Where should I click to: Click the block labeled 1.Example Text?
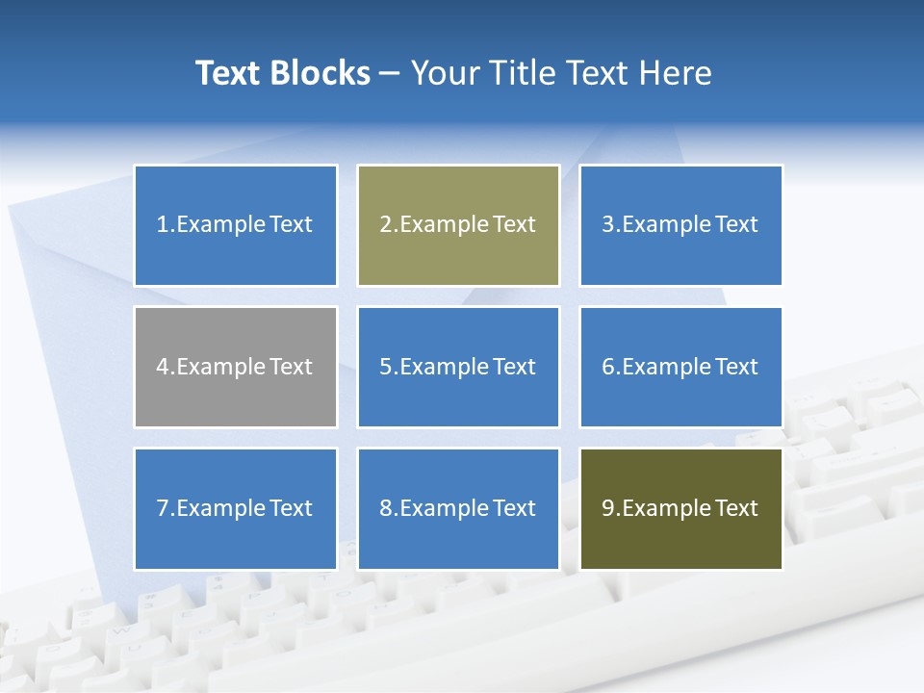[x=235, y=225]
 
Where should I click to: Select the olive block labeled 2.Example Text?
[x=458, y=225]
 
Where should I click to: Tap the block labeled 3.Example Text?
[x=680, y=225]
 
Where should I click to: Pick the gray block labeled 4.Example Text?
[x=235, y=367]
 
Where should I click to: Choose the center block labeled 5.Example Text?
[x=458, y=367]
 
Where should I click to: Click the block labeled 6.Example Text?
[x=680, y=367]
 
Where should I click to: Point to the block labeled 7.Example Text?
[x=235, y=508]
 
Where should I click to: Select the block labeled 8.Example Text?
[x=458, y=508]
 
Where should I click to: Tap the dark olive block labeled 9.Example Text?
[x=680, y=508]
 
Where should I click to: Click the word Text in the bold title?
[x=228, y=73]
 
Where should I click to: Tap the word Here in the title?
[x=677, y=73]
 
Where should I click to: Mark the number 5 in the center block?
[x=385, y=367]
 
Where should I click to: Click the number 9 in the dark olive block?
[x=608, y=508]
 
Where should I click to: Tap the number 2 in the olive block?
[x=385, y=225]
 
